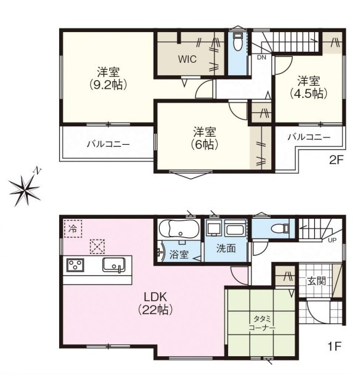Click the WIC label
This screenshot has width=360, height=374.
187,59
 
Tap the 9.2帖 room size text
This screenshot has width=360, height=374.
108,84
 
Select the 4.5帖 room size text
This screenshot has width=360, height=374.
308,94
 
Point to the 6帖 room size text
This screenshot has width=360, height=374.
205,145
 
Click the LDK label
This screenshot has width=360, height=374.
155,298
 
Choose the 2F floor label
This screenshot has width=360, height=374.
336,160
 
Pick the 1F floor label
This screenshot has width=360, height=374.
335,346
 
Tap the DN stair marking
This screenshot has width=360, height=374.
261,57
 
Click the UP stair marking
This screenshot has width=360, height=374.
332,240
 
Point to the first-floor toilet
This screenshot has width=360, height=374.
280,229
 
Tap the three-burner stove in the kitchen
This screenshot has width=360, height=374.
75,265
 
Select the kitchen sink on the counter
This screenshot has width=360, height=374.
114,265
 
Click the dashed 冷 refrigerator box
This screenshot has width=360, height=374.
73,229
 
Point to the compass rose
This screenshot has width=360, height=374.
25,190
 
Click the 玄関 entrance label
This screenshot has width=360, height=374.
316,281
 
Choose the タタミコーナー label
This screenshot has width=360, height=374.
262,323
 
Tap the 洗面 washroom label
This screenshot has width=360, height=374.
226,248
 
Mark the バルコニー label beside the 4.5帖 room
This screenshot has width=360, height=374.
309,137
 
